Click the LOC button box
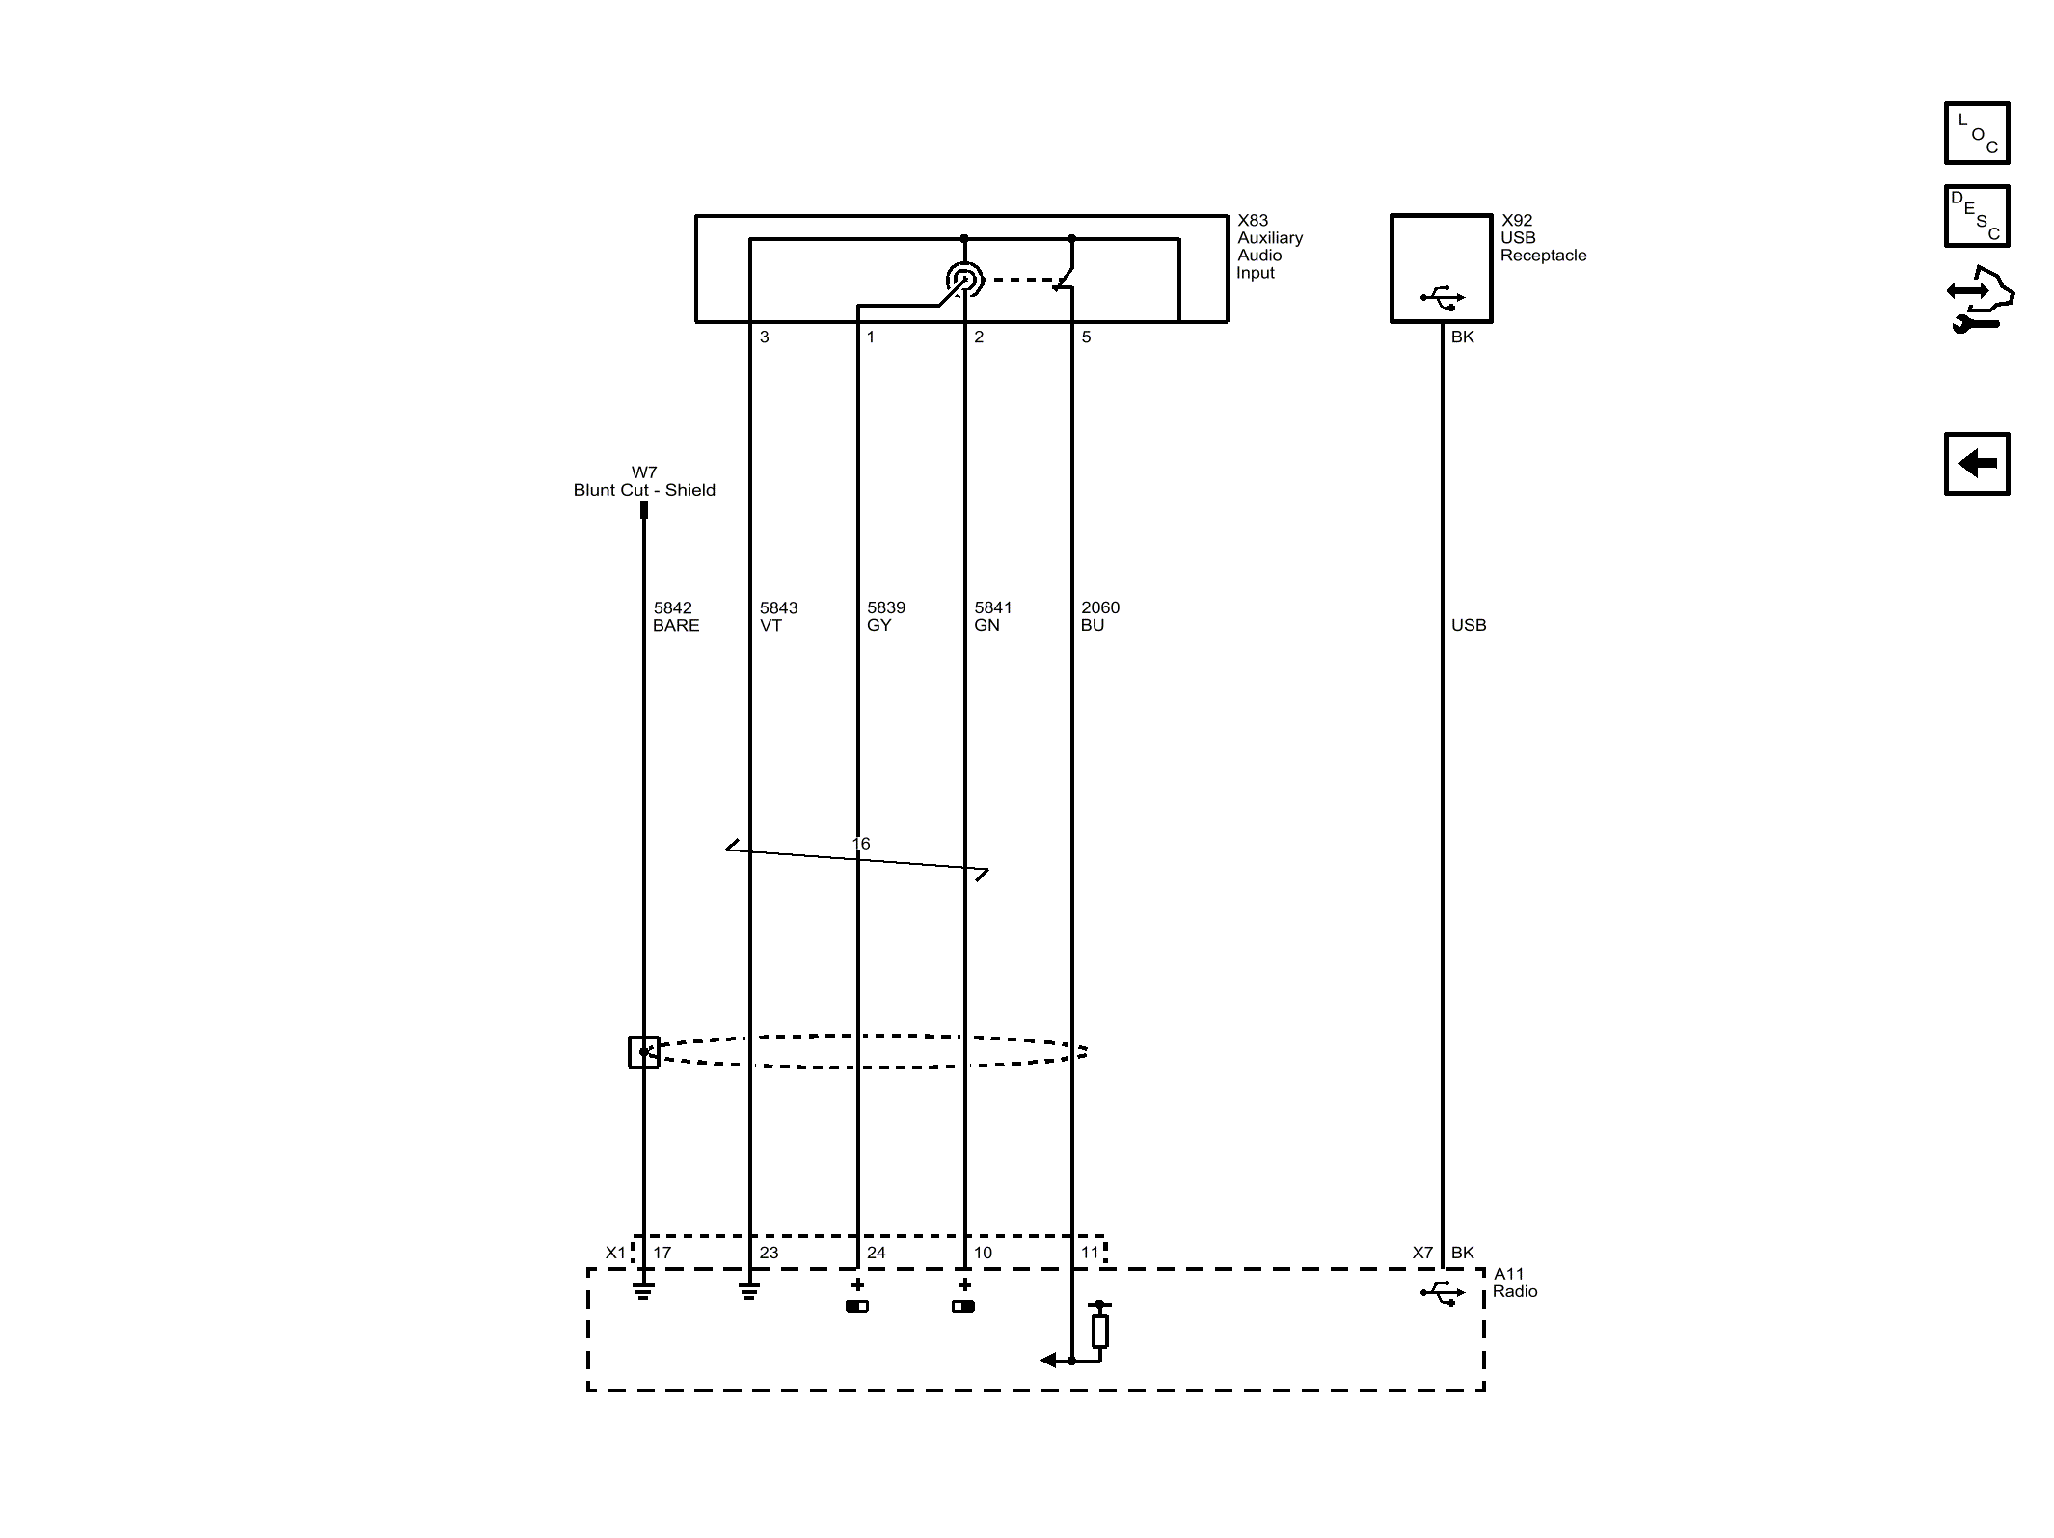[1977, 133]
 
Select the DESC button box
[1977, 216]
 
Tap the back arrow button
[1977, 464]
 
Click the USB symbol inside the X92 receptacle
[1443, 298]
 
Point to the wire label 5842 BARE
[676, 616]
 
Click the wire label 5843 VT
[778, 616]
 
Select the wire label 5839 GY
[885, 616]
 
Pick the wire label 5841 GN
[992, 616]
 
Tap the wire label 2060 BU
[1099, 616]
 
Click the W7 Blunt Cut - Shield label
[644, 481]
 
